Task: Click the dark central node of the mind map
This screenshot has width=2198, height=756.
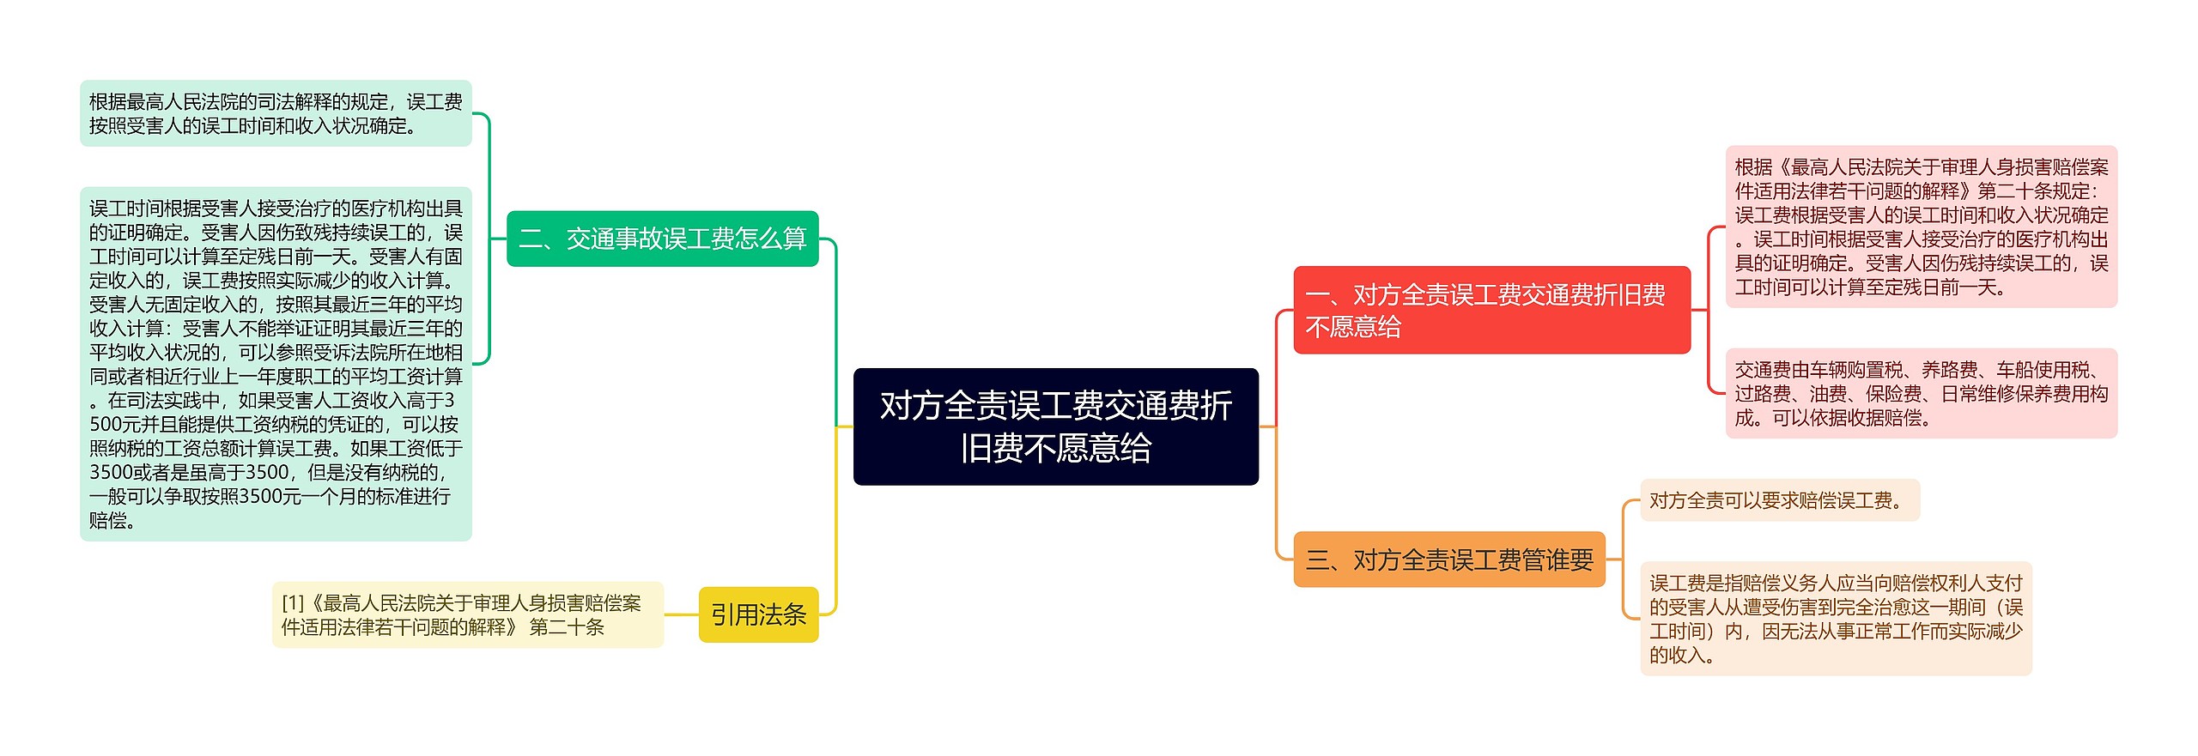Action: [1055, 426]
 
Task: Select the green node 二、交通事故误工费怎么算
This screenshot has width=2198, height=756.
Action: [662, 239]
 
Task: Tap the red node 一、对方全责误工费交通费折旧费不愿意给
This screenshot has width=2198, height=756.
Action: [1491, 310]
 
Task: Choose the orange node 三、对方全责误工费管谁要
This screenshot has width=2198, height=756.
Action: [1448, 560]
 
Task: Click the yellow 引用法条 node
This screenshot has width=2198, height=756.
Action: [758, 614]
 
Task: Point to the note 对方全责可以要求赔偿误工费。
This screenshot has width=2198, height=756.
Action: [1779, 500]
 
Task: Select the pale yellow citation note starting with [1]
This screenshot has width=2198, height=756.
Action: [467, 614]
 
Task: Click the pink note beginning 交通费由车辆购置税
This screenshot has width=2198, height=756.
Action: [1921, 393]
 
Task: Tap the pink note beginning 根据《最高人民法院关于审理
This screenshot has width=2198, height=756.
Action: [1921, 227]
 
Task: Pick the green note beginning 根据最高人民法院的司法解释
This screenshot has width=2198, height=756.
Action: [276, 113]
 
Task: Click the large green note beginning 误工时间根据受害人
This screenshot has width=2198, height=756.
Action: [276, 364]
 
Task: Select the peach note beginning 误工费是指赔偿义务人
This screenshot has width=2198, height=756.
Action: [1836, 619]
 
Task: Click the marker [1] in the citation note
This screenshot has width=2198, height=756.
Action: [293, 603]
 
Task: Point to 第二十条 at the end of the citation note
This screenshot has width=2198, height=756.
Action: [567, 627]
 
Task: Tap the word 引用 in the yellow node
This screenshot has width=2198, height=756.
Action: [734, 614]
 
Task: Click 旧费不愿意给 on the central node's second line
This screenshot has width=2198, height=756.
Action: [1055, 448]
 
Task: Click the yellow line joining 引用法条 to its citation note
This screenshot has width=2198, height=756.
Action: [681, 614]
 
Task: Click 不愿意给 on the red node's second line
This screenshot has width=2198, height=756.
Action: [1353, 327]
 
